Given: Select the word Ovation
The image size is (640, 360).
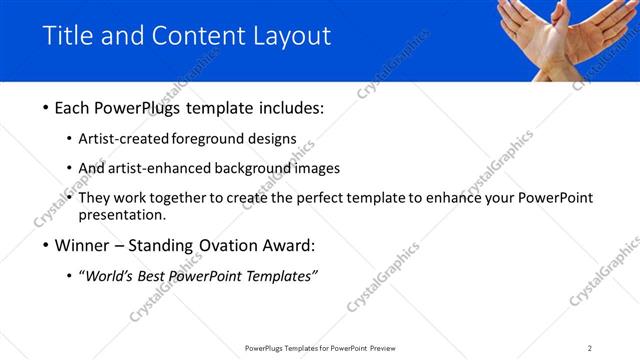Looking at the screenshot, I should pyautogui.click(x=225, y=245).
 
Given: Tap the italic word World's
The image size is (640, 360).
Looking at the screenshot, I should pyautogui.click(x=110, y=276).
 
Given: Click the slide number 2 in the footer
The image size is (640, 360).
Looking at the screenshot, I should pyautogui.click(x=589, y=348).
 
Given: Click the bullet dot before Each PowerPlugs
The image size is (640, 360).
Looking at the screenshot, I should pyautogui.click(x=46, y=107).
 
